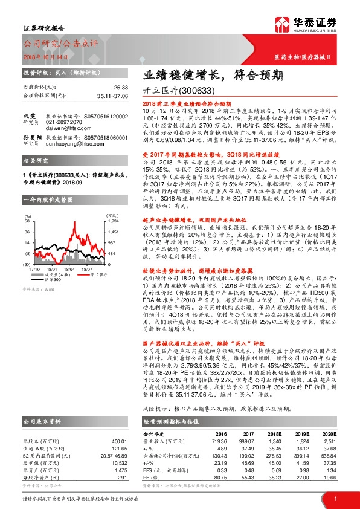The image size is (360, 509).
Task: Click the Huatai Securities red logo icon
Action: [x=283, y=25]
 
